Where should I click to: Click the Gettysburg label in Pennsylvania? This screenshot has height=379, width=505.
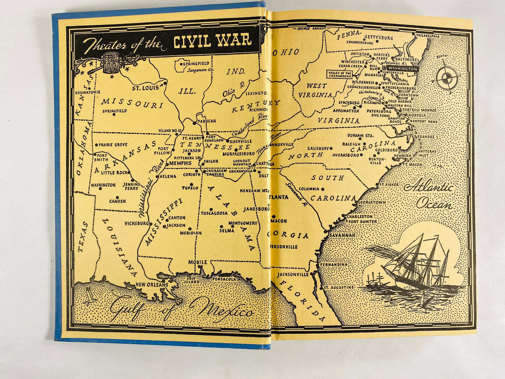pyautogui.click(x=378, y=37)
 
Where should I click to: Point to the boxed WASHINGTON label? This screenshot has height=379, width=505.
pyautogui.click(x=402, y=69)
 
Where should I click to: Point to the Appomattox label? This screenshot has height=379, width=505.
pyautogui.click(x=346, y=110)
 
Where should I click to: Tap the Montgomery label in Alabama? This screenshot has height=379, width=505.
pyautogui.click(x=243, y=223)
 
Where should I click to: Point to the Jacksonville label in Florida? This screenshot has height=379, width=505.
pyautogui.click(x=293, y=274)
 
